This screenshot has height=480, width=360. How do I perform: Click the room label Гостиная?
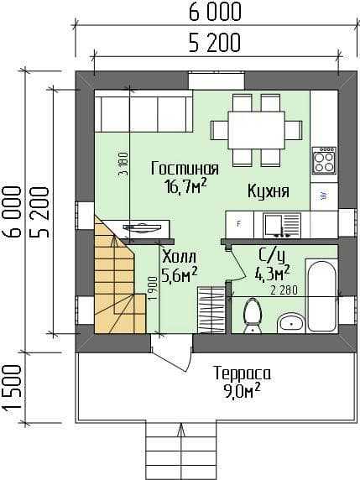185,169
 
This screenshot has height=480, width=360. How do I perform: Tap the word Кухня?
269,191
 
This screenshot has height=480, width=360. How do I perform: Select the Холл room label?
179,258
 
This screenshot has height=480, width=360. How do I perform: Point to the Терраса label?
243,373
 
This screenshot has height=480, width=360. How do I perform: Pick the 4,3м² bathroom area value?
273,274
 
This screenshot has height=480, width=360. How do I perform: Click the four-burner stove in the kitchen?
324,160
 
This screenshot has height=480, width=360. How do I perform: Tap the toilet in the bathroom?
253,315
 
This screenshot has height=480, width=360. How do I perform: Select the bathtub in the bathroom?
321,295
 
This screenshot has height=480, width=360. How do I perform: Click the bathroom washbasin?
290,323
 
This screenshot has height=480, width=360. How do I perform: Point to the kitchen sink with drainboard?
282,226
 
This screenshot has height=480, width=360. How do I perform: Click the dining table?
257,131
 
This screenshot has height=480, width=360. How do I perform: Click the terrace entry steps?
181,451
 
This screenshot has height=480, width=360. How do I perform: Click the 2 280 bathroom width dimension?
284,290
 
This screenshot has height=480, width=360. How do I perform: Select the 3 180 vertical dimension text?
123,164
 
